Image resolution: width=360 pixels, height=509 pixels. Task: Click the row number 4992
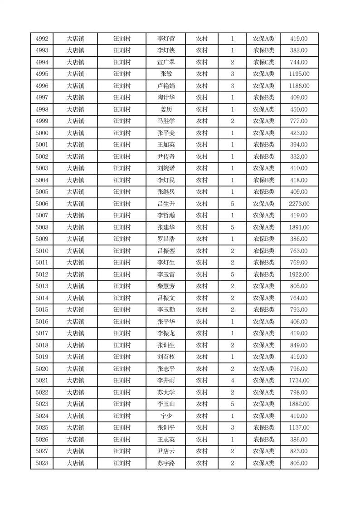[x=42, y=39]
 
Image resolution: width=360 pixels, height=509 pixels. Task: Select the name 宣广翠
[x=165, y=62]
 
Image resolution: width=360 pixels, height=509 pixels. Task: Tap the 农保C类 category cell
[x=263, y=62]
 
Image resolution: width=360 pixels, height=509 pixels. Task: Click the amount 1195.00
[x=299, y=74]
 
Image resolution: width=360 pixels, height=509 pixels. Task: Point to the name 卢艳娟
[x=165, y=86]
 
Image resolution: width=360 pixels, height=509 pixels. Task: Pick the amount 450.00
[x=299, y=109]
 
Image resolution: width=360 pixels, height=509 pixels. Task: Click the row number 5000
[x=42, y=133]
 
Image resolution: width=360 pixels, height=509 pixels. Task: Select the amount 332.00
[x=299, y=157]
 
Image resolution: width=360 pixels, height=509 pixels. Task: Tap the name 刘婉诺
[x=165, y=168]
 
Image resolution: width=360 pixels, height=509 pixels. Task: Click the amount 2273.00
[x=299, y=204]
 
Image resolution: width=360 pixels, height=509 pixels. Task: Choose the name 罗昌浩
[x=165, y=239]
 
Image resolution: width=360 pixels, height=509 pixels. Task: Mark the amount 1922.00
[x=299, y=274]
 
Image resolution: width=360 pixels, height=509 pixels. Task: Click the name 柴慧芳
[x=165, y=286]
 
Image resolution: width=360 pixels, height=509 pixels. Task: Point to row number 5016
[x=42, y=322]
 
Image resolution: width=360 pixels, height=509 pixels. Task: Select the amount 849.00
[x=299, y=345]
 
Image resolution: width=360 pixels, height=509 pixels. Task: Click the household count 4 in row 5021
[x=232, y=381]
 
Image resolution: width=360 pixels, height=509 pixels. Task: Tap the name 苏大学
[x=165, y=392]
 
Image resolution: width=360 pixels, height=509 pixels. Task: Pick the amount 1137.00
[x=299, y=428]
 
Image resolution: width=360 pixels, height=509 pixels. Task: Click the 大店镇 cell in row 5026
[x=75, y=440]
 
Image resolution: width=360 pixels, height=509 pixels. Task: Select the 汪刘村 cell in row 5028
[x=122, y=463]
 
